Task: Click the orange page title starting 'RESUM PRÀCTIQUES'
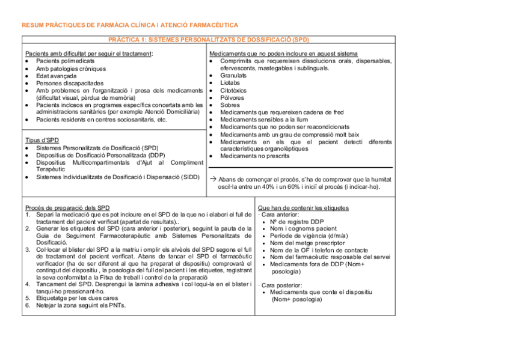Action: [129, 25]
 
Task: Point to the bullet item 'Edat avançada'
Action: [56, 76]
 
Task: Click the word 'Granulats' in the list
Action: [233, 76]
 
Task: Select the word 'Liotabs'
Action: [230, 83]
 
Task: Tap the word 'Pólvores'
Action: [232, 97]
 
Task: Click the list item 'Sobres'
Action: [230, 105]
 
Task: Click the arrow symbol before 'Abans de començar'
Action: [212, 179]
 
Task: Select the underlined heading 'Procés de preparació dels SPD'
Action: [67, 207]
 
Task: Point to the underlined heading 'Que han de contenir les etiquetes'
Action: [303, 208]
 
